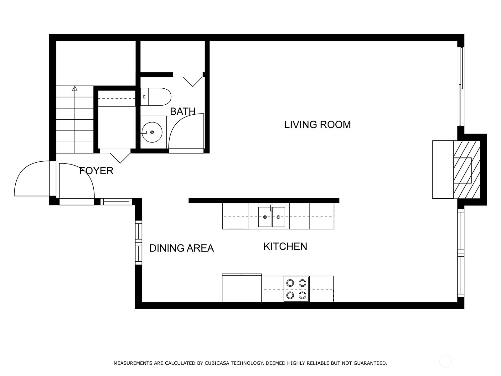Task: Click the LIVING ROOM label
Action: [x=317, y=125]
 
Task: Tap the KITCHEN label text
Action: [x=285, y=247]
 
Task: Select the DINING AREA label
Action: [x=181, y=248]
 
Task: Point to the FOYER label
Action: [x=96, y=171]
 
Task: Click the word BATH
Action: [x=183, y=112]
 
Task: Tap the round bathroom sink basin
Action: [x=152, y=132]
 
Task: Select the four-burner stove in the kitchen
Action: [x=296, y=289]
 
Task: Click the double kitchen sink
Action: [x=271, y=217]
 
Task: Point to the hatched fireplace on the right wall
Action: [x=467, y=170]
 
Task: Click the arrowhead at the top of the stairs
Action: [x=75, y=88]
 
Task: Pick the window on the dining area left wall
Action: [x=138, y=243]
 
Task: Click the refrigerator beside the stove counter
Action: [x=241, y=289]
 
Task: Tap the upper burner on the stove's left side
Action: [x=290, y=283]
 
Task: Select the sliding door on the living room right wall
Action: [x=460, y=86]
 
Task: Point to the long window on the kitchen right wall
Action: [x=460, y=253]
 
